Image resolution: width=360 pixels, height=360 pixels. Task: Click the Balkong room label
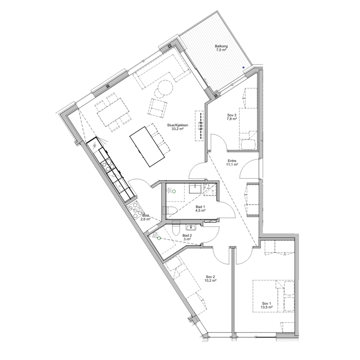point(221,46)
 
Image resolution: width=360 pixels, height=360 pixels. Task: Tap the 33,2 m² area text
point(177,129)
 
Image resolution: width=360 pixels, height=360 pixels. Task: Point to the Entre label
point(232,161)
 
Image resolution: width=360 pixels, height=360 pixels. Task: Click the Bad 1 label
point(200,207)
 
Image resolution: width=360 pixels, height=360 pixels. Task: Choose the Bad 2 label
point(187,235)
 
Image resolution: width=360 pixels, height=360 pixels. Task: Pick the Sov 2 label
point(210,277)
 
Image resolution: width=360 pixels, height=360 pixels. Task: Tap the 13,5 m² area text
point(266,307)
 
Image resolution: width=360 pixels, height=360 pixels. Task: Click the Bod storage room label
point(145,216)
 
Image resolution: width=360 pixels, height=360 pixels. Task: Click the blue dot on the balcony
point(243,67)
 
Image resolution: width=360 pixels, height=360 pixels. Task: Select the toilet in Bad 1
point(170,210)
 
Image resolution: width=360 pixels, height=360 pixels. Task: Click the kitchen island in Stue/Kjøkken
point(148,147)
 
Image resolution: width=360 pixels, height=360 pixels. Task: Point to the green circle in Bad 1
point(174,191)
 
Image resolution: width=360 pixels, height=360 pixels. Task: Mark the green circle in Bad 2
point(159,238)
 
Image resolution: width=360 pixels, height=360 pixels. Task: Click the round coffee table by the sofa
point(165,87)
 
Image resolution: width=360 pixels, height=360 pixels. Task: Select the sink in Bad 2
point(191,227)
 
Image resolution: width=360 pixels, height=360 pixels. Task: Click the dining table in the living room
point(113,111)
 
